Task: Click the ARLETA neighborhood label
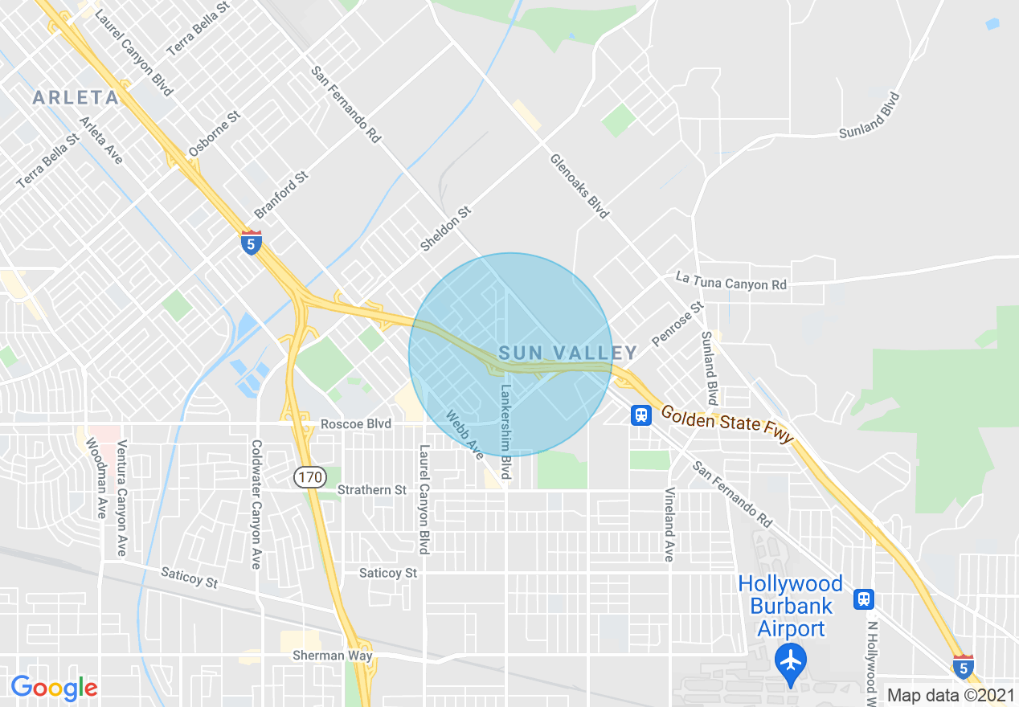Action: [76, 98]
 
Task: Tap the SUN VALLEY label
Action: [567, 353]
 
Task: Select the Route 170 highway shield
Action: [309, 477]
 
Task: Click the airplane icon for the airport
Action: [792, 660]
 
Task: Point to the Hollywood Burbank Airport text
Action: [791, 606]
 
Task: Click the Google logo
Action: [54, 688]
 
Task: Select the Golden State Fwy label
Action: [727, 425]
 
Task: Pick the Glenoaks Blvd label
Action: [579, 186]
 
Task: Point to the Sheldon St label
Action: [445, 227]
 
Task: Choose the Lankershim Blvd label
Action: [506, 431]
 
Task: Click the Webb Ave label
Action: [466, 436]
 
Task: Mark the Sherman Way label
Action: [343, 656]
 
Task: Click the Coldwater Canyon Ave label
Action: [256, 504]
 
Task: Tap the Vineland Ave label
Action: [669, 524]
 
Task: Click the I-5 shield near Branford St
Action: [252, 243]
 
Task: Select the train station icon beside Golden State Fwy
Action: [640, 415]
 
